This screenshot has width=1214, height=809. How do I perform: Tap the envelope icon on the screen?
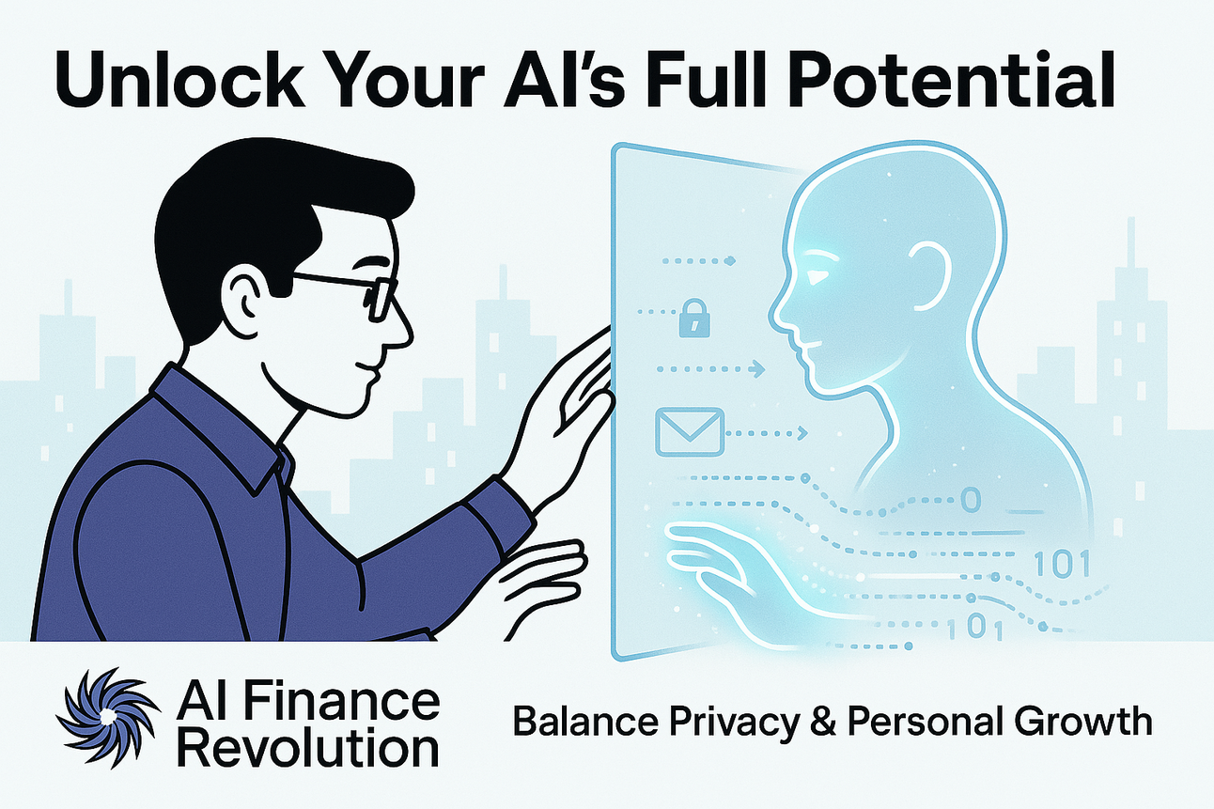(689, 431)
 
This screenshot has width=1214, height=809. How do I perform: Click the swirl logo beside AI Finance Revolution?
(103, 718)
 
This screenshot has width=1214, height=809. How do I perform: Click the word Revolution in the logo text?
(308, 749)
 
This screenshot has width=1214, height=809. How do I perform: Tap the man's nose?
(400, 324)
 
